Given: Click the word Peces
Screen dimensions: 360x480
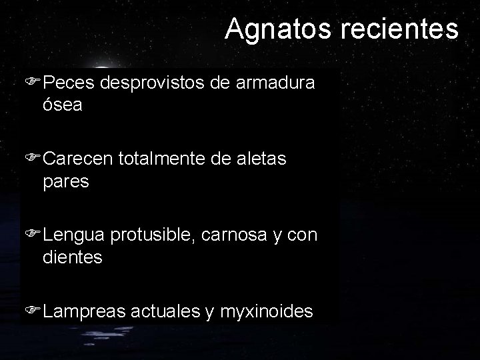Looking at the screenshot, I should tap(71, 83).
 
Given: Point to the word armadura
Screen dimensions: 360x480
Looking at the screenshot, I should tap(280, 83).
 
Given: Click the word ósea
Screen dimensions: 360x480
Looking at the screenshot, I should tap(62, 105).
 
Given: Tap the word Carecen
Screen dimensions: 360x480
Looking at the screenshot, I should tap(80, 159).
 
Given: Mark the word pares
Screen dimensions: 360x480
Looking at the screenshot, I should tap(65, 181).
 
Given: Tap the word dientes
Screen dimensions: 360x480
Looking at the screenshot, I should tap(72, 257).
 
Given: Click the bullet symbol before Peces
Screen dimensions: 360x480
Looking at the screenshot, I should tap(35, 83).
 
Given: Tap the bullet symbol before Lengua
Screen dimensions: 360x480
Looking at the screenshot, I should tap(35, 235).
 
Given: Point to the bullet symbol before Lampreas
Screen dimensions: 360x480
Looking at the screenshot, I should tap(35, 311).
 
